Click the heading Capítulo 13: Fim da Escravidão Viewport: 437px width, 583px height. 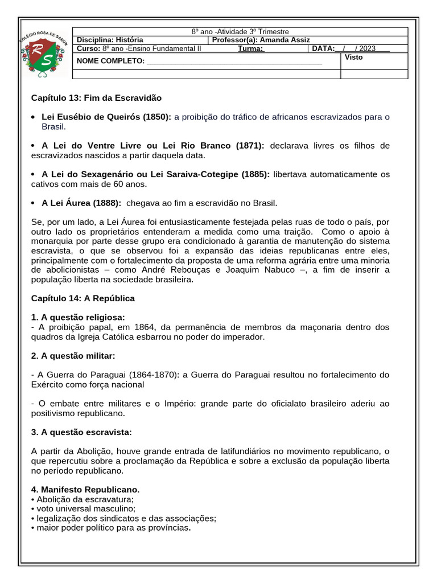pos(96,98)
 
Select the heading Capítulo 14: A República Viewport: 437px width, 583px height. pos(83,298)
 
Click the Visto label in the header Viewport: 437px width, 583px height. pos(353,58)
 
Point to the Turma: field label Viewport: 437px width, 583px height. pos(251,49)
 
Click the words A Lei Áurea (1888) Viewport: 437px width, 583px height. pos(81,203)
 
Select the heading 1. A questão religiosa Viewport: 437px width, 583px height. pos(78,317)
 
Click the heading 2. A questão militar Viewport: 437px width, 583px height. pos(73,356)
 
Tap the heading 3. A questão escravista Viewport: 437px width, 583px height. pos(81,432)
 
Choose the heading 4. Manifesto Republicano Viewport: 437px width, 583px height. pos(85,490)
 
